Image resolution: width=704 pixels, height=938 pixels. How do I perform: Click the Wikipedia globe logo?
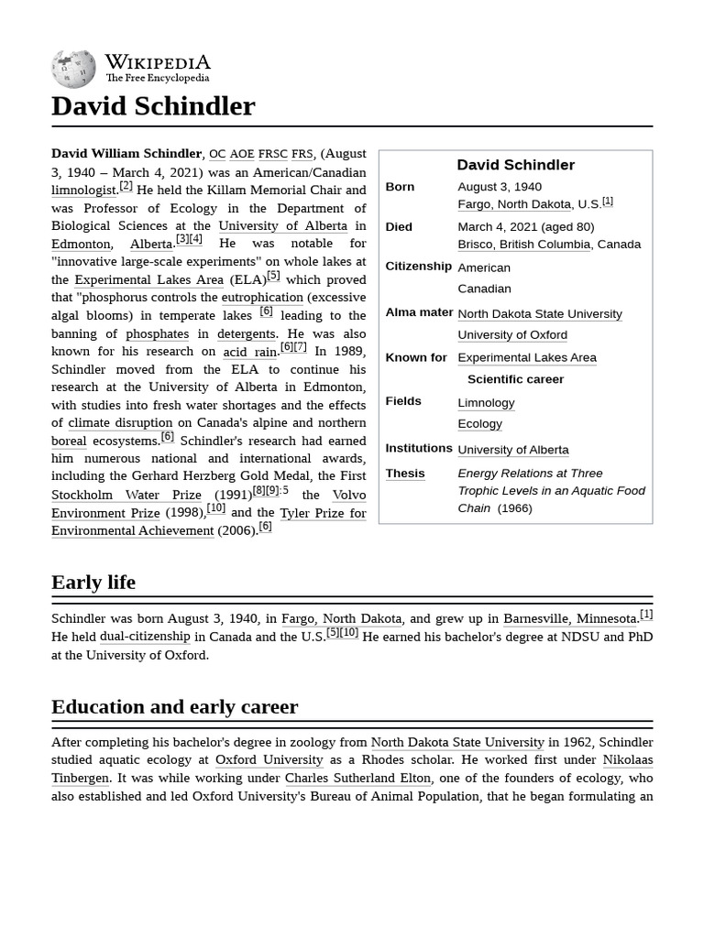73,70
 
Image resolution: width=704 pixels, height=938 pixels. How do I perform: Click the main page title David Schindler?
153,106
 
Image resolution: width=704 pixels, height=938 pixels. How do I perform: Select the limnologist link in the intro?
83,191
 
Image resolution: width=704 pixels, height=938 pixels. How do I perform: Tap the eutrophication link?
262,298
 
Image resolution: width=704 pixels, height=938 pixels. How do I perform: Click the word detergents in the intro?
246,333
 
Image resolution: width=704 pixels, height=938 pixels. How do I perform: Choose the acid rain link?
249,352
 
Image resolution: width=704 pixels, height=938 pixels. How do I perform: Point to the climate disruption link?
120,423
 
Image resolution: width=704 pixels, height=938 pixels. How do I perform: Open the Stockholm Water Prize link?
126,495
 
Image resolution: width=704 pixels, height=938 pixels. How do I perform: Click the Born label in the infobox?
400,187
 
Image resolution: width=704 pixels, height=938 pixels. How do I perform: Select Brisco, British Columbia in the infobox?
523,245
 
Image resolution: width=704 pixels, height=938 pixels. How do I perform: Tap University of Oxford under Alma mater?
511,335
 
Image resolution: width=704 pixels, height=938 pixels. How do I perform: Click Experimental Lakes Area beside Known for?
526,358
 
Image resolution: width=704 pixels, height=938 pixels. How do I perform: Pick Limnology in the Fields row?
486,403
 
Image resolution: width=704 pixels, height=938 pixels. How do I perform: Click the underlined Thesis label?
404,474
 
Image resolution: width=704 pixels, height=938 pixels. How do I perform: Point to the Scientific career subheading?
515,379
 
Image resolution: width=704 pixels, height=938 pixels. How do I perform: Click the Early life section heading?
93,583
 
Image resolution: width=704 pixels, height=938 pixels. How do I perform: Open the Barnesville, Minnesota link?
569,619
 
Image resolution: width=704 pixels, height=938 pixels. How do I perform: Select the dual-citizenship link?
145,637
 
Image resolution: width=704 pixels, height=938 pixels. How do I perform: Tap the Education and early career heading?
174,707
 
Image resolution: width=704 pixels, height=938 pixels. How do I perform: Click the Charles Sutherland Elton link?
357,779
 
